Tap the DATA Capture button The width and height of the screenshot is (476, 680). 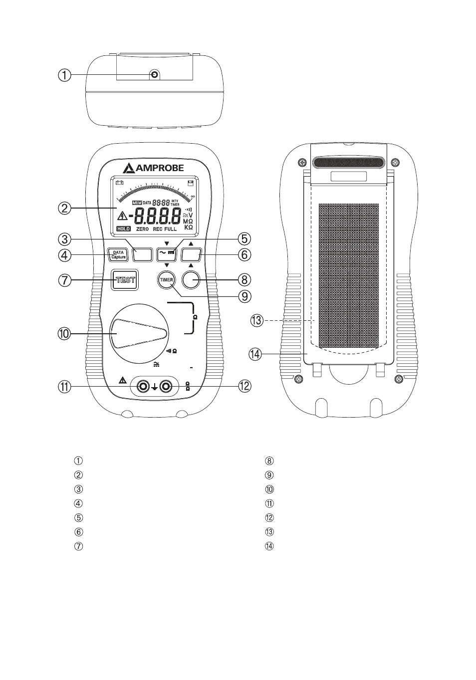point(118,255)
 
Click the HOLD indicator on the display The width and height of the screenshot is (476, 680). point(123,228)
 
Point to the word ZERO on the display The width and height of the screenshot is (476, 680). point(143,228)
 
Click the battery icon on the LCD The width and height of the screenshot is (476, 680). point(119,182)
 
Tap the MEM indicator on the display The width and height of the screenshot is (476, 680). point(137,203)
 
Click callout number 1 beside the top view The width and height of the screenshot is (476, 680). point(64,75)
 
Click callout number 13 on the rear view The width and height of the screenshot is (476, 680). point(256,320)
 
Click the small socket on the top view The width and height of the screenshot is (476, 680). point(154,75)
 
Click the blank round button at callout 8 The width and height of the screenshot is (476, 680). point(191,280)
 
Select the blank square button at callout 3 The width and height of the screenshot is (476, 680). point(142,255)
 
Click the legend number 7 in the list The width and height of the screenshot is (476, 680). point(78,546)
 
